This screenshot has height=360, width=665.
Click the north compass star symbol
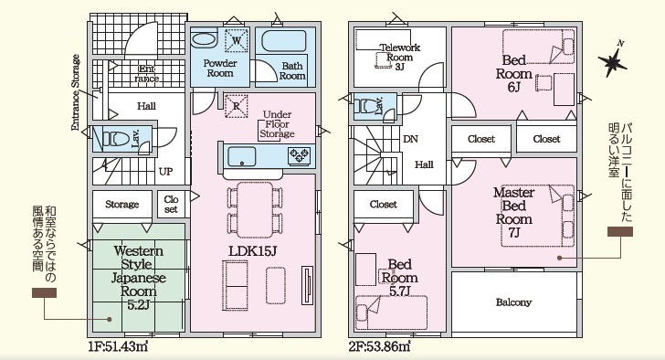tap(612, 62)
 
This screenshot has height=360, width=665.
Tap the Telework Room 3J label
tap(399, 57)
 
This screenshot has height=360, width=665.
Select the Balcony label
tap(513, 302)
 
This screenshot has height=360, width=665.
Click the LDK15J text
tap(253, 250)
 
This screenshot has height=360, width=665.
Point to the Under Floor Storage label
tap(277, 124)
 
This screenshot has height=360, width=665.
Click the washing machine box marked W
tap(237, 41)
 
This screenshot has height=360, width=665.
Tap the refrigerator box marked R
tap(237, 106)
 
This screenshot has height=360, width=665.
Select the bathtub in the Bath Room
tap(284, 41)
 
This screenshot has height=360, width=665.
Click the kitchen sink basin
tap(242, 156)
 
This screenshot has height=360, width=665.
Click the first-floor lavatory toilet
tap(115, 138)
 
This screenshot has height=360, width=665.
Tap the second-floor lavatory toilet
tap(366, 106)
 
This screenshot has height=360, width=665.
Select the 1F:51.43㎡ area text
tap(118, 346)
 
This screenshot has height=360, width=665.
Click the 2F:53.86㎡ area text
tap(379, 346)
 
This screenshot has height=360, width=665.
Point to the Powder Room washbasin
tap(205, 40)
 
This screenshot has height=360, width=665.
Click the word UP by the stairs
tap(166, 172)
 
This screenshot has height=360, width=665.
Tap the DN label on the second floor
tap(410, 139)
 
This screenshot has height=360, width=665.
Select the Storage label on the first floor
tap(122, 205)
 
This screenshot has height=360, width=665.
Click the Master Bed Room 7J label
tap(513, 213)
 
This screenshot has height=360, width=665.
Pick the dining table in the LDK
tap(255, 209)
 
